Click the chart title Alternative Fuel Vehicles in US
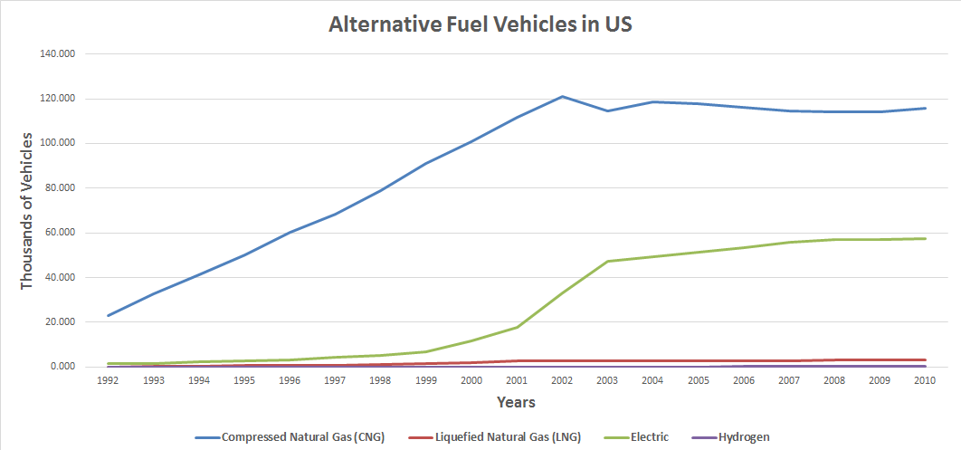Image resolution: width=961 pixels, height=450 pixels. click(x=480, y=24)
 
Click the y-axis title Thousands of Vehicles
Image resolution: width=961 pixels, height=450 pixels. click(x=26, y=210)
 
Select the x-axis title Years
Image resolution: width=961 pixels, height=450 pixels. click(x=515, y=402)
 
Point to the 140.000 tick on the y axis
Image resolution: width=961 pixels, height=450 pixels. click(x=58, y=53)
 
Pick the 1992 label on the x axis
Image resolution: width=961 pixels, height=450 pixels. click(x=108, y=381)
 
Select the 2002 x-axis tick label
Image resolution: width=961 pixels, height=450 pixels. click(x=562, y=381)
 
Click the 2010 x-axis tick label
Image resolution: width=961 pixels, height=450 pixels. click(x=925, y=381)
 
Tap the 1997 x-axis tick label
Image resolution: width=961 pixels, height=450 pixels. click(x=335, y=381)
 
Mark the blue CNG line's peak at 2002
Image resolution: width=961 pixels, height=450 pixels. click(x=562, y=96)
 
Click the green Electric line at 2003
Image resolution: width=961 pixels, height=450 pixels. click(x=607, y=261)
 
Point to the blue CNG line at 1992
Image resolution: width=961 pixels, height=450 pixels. click(x=109, y=315)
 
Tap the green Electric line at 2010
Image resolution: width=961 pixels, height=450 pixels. click(x=925, y=238)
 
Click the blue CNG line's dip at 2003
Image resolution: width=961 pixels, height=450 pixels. click(x=607, y=110)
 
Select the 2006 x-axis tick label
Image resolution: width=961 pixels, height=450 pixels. click(x=744, y=381)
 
